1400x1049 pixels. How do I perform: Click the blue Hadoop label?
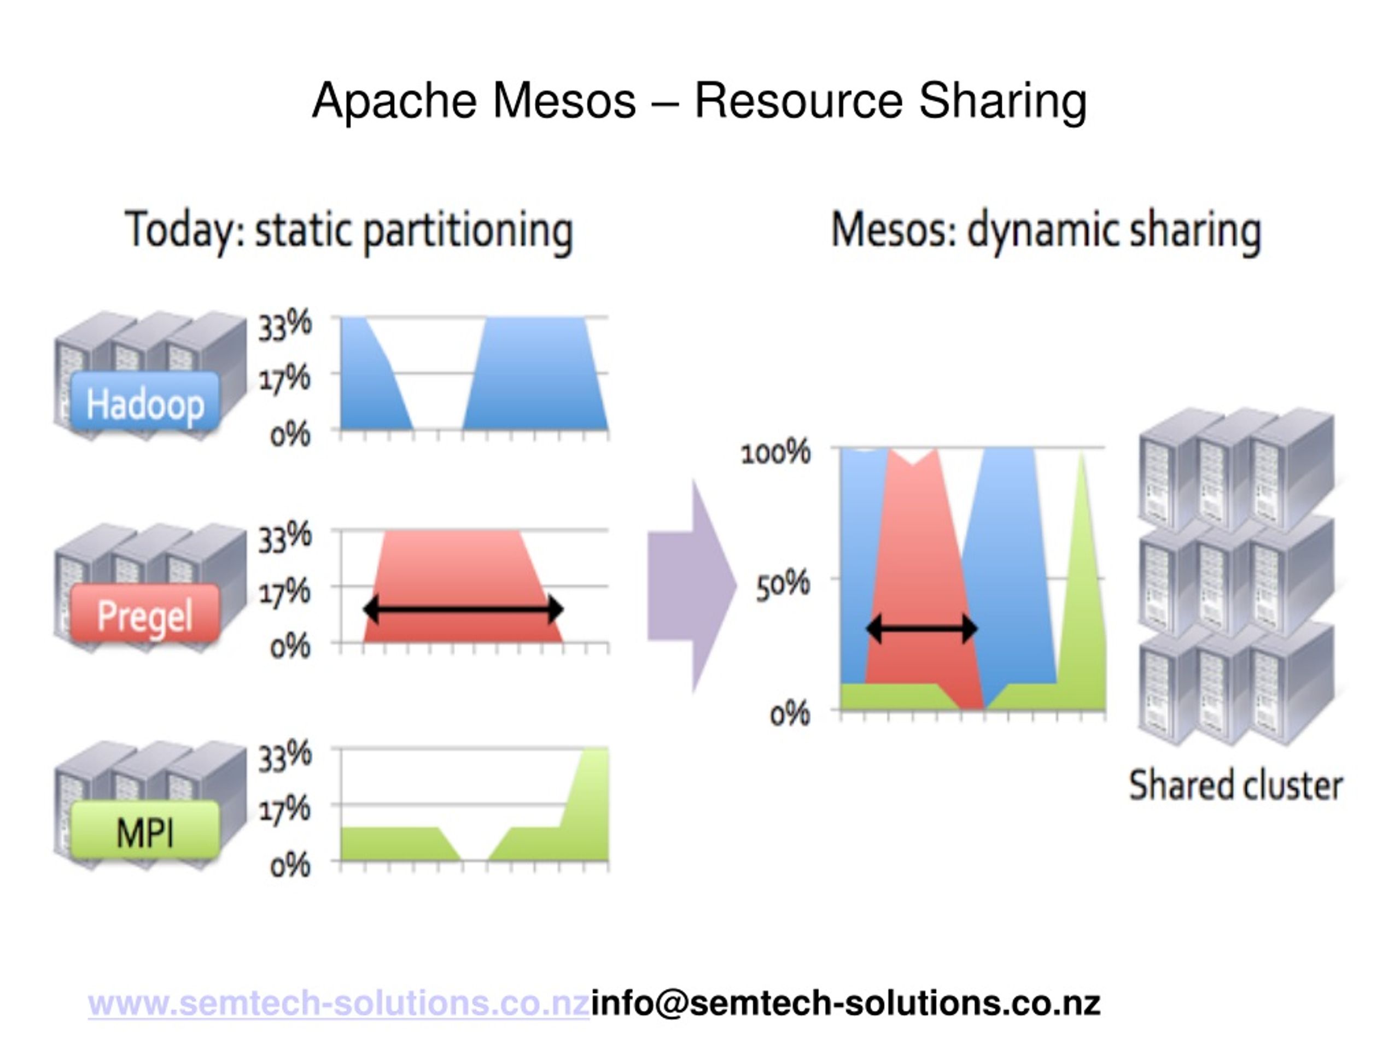(145, 403)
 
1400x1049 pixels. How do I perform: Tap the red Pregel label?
(145, 615)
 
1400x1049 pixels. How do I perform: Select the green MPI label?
(145, 831)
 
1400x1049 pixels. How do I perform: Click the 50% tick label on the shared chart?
(783, 583)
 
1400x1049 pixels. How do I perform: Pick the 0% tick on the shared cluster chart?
(789, 714)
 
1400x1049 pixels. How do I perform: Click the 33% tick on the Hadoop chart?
(284, 324)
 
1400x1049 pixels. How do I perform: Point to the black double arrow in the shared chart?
(922, 629)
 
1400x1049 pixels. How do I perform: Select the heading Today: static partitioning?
(349, 231)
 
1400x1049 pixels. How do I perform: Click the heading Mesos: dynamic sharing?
(1046, 231)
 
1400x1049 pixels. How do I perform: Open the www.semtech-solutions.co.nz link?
(339, 1004)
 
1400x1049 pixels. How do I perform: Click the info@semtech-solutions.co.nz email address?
(845, 1004)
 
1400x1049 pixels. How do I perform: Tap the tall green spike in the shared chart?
(1083, 601)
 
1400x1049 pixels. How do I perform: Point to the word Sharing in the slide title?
(1002, 101)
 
